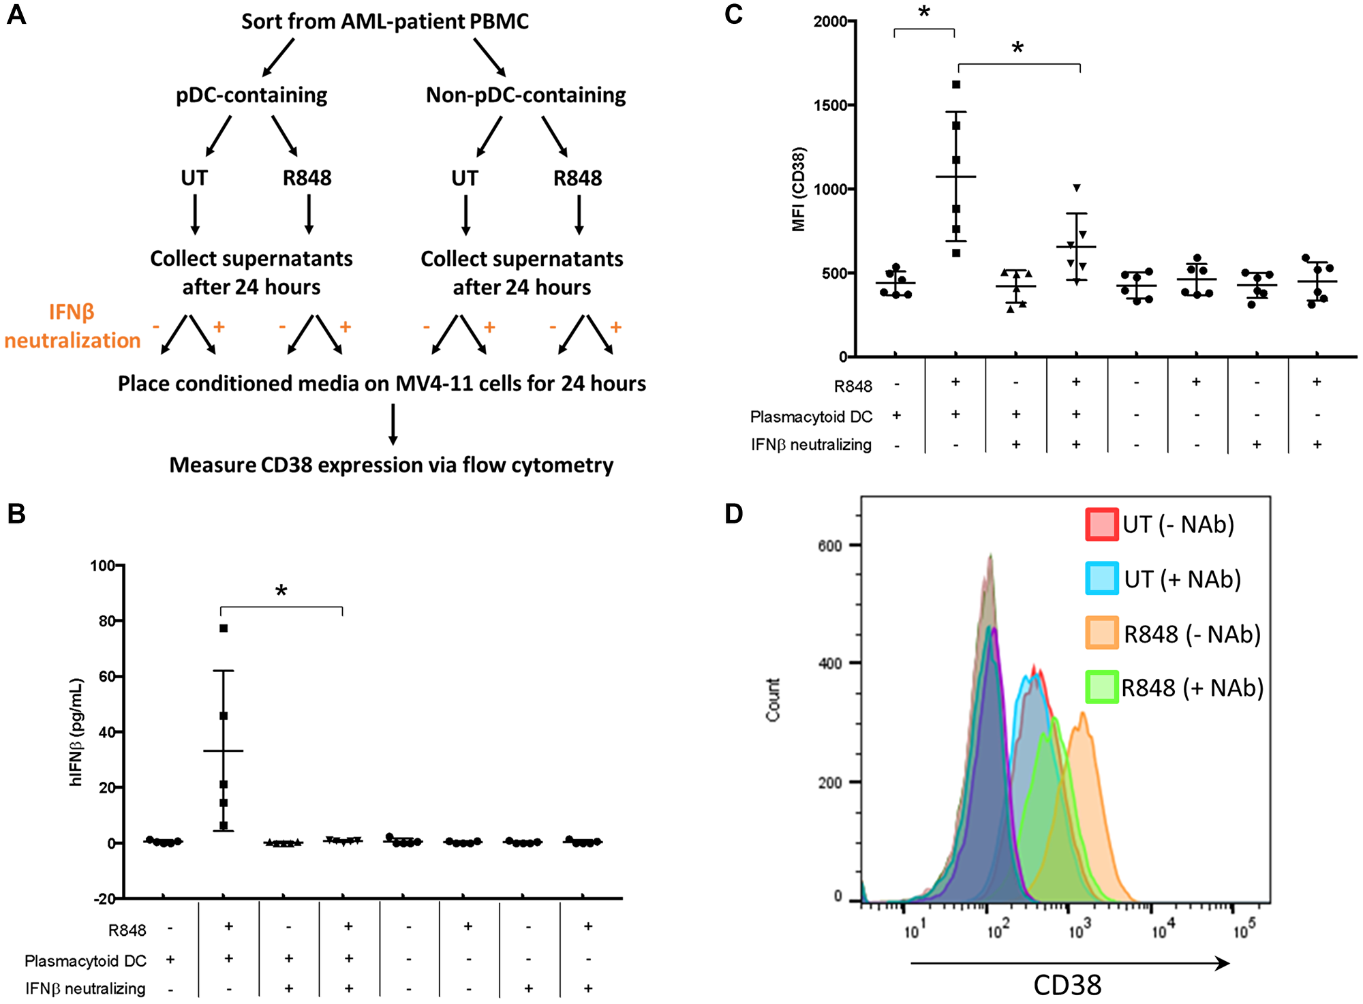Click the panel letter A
[x=16, y=14]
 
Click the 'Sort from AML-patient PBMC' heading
[x=385, y=21]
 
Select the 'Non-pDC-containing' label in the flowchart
[x=525, y=95]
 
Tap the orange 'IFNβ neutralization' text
[x=72, y=326]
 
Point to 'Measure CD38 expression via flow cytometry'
[x=391, y=465]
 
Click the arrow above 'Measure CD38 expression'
[x=393, y=424]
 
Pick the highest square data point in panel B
[x=224, y=628]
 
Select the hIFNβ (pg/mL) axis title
[x=76, y=732]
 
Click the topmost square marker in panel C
[x=956, y=85]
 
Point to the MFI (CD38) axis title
[x=799, y=189]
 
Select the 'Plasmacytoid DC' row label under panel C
[x=811, y=416]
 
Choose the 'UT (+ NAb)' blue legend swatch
[x=1101, y=579]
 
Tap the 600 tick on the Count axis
[x=830, y=545]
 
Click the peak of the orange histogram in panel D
[x=1082, y=714]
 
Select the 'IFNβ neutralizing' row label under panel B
[x=85, y=988]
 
